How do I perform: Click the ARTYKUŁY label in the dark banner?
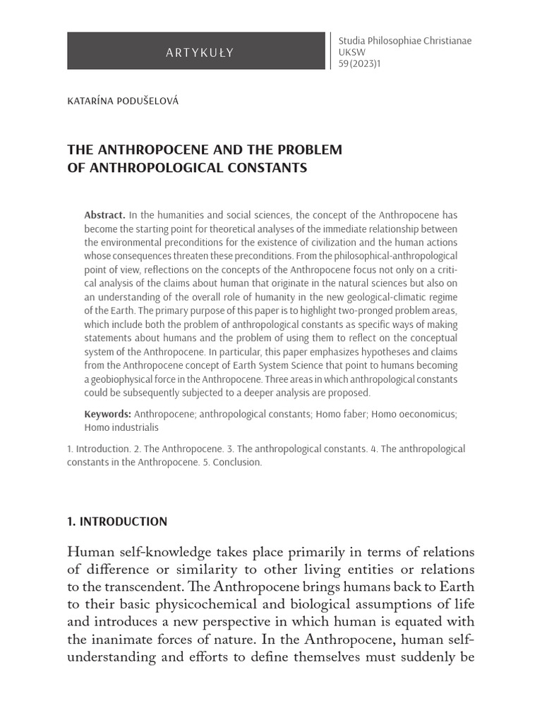click(199, 51)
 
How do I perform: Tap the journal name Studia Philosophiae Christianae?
click(405, 41)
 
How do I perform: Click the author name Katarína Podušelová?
click(123, 101)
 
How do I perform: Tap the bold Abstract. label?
click(104, 215)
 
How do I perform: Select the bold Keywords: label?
click(107, 414)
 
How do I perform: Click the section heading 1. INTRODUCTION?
click(117, 522)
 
